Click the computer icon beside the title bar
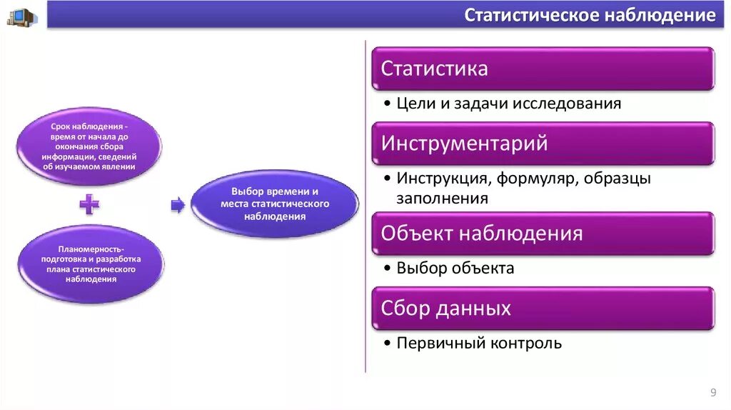21,17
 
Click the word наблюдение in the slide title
660,15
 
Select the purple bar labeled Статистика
543,69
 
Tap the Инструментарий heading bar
543,143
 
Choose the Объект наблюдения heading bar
543,234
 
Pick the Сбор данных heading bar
543,309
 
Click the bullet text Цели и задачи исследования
508,104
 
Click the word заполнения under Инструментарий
442,199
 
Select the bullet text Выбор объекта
455,268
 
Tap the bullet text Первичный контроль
479,344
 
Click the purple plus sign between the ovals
89,204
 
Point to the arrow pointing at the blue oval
178,205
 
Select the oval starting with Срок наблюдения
89,146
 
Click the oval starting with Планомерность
91,264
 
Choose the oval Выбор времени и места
275,204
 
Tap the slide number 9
713,392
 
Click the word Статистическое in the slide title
531,15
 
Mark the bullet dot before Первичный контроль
387,344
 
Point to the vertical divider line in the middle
365,206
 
